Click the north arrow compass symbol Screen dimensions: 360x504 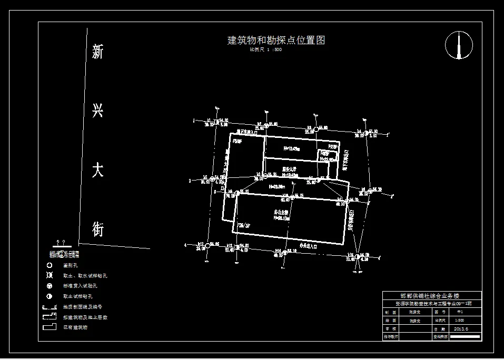pyautogui.click(x=459, y=45)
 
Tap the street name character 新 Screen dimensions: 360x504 pyautogui.click(x=98, y=52)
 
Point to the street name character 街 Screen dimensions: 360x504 pyautogui.click(x=98, y=229)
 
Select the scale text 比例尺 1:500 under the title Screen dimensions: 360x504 pyautogui.click(x=266, y=50)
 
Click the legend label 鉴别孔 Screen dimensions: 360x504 pyautogui.click(x=70, y=266)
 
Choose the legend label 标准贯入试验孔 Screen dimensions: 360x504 pyautogui.click(x=80, y=286)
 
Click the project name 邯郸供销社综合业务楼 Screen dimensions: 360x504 pyautogui.click(x=430, y=296)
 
